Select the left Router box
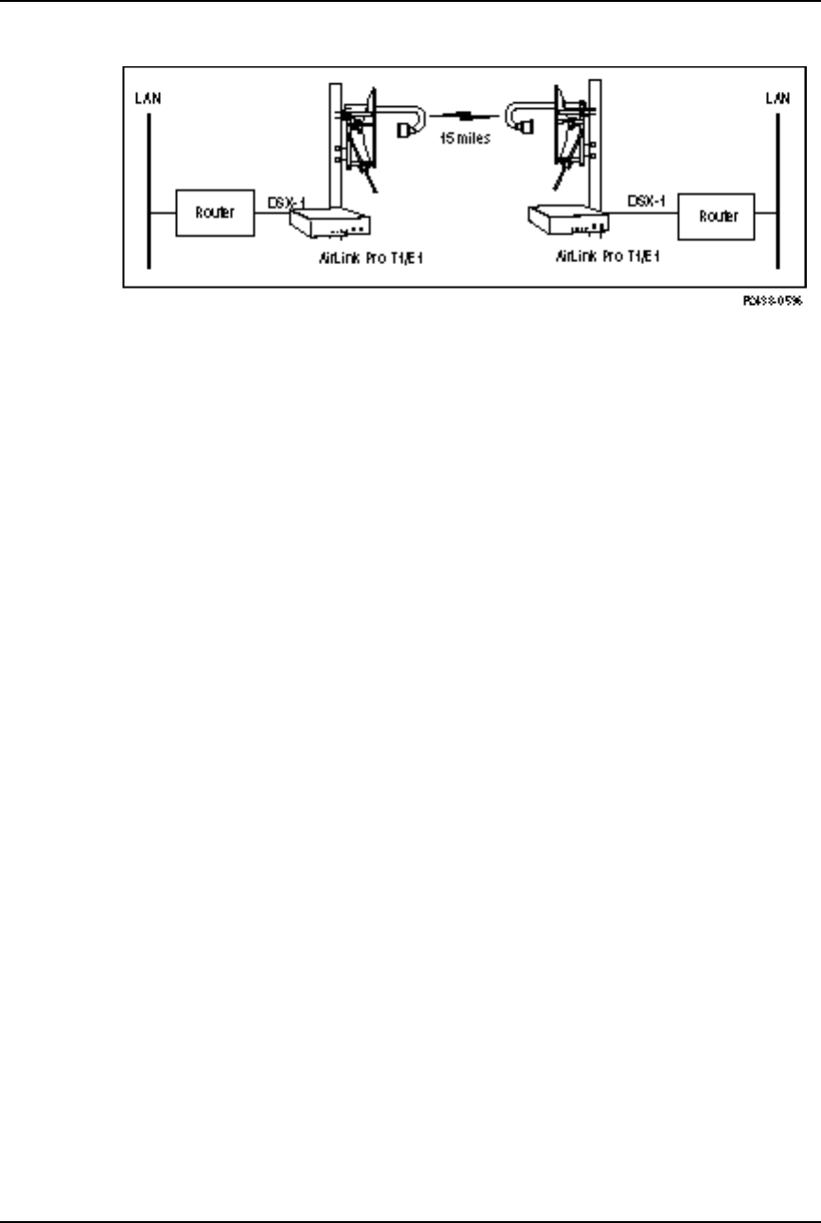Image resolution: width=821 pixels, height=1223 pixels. click(x=216, y=213)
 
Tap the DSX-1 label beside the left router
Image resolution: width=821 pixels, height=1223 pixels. click(x=289, y=203)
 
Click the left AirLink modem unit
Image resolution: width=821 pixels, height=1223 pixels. click(x=330, y=224)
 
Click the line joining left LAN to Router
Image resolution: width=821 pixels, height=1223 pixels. click(x=162, y=213)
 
